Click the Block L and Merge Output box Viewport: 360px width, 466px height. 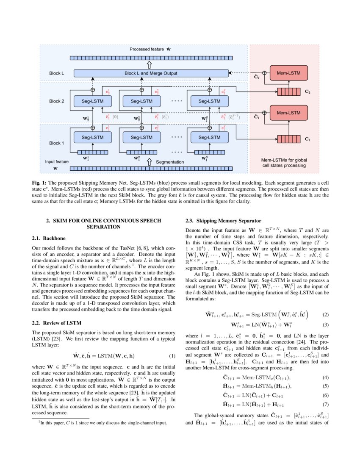pos(151,73)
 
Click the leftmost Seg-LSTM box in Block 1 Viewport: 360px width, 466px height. pos(92,137)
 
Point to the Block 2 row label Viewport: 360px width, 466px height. pos(56,101)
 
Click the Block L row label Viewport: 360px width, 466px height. pos(56,73)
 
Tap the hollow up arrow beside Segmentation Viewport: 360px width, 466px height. pos(149,162)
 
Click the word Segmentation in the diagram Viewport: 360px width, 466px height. pos(169,162)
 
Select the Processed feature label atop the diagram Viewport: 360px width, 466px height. pos(147,50)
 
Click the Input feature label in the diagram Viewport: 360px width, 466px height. pos(57,161)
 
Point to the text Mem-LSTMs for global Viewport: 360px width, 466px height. pos(284,160)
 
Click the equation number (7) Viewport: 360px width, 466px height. pos(325,404)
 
